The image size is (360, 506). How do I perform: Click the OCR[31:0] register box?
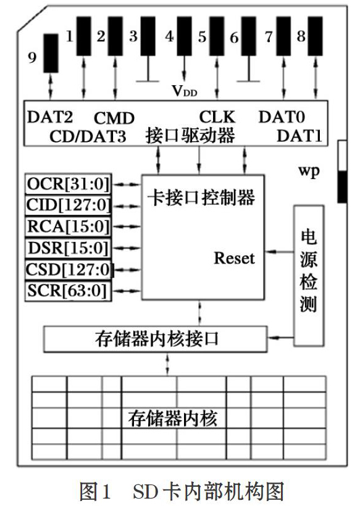coord(69,184)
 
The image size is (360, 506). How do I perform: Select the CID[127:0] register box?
coord(69,205)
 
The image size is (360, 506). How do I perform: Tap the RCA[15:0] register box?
coord(69,226)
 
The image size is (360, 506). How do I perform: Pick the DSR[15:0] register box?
coord(69,248)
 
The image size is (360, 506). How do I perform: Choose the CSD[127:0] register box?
coord(69,270)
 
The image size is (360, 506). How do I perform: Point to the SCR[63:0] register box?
coord(69,291)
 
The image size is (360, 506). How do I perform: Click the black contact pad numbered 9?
coord(51,53)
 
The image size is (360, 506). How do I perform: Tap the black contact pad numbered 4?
coord(185,36)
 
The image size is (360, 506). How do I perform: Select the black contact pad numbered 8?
coord(316,36)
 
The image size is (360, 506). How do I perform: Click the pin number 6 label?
coord(234,38)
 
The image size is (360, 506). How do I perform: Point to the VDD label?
coord(185,91)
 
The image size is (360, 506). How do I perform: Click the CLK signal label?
coord(217,117)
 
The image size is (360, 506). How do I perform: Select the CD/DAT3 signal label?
coord(88,136)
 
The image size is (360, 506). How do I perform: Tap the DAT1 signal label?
coord(299,136)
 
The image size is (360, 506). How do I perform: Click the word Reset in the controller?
coord(235,258)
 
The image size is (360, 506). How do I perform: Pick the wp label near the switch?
coord(309,171)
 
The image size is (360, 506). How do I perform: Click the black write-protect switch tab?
coord(342,187)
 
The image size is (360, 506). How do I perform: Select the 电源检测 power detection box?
coord(309,276)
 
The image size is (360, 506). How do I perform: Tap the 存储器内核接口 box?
coord(156,339)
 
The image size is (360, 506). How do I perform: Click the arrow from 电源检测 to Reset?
coord(279,252)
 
